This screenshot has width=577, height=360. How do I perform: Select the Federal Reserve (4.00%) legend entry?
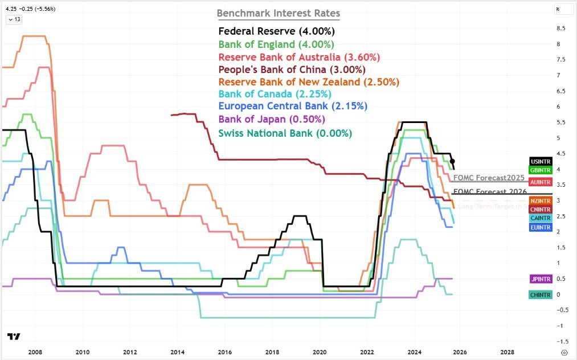point(276,31)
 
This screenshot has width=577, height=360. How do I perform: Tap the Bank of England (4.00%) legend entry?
point(276,44)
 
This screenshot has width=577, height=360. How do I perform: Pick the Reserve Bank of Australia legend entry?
point(299,58)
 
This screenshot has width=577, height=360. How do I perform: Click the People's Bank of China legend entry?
point(292,69)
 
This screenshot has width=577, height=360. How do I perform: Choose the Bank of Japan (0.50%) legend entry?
point(272,120)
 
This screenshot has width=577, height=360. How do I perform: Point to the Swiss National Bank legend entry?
point(285,133)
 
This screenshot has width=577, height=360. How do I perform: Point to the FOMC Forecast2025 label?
point(489,177)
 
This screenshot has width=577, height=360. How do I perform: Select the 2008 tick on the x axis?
point(35,352)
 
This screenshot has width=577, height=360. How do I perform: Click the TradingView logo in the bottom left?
point(14,337)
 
